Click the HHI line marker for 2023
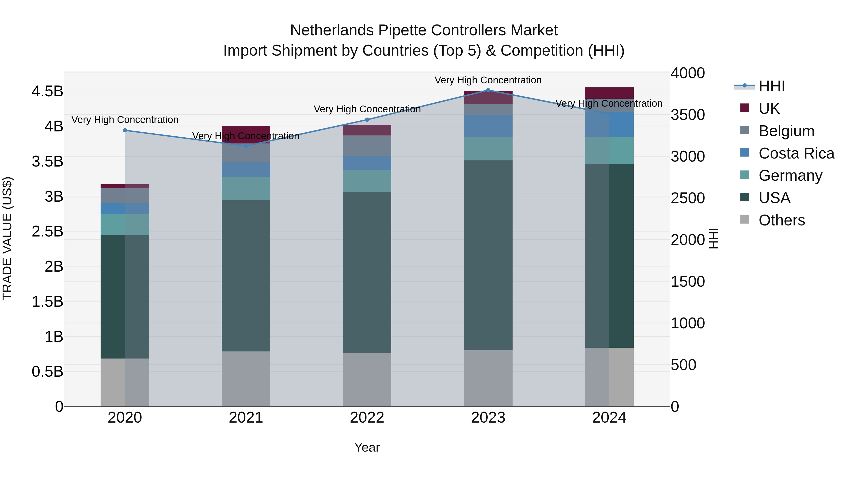click(488, 90)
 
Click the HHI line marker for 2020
click(125, 130)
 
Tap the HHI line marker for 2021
click(246, 146)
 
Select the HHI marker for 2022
click(367, 120)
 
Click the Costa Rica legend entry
click(796, 153)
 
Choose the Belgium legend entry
click(786, 131)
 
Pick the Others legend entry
click(782, 220)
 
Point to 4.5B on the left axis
click(47, 91)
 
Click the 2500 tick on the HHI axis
click(688, 198)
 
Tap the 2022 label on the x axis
click(367, 418)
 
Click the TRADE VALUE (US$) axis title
click(8, 239)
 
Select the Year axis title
click(367, 447)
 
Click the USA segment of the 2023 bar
click(488, 255)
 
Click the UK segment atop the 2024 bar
click(609, 93)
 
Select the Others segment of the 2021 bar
click(246, 379)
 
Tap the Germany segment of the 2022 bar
click(367, 181)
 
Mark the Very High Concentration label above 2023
click(488, 80)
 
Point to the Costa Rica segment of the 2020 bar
click(125, 208)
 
